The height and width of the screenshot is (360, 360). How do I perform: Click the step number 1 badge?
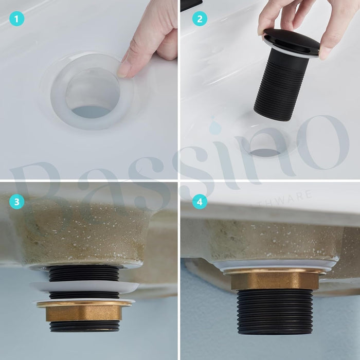(x=16, y=20)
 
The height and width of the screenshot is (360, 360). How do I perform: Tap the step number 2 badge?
(x=200, y=20)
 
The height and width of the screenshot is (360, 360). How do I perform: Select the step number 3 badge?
(x=16, y=202)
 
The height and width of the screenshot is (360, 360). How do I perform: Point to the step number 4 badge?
(x=200, y=202)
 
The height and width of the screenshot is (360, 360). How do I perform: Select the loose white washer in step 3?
(x=84, y=286)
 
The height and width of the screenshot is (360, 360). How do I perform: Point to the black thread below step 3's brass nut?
(x=83, y=326)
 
